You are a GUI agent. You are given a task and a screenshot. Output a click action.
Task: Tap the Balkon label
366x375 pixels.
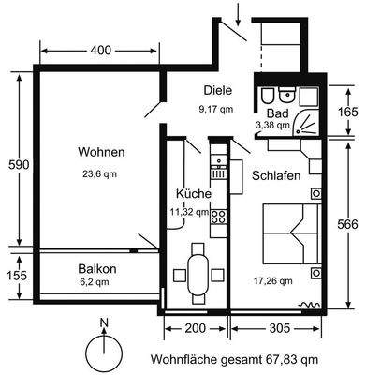[97, 266]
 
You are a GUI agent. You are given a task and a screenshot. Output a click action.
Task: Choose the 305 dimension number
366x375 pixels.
[276, 329]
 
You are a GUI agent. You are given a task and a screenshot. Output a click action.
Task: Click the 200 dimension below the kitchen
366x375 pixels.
[196, 329]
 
